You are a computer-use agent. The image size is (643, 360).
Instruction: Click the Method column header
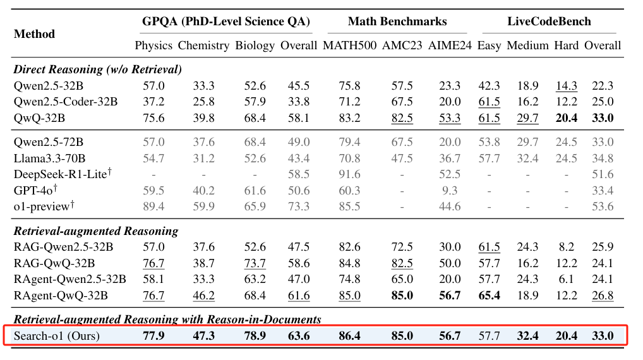pyautogui.click(x=34, y=33)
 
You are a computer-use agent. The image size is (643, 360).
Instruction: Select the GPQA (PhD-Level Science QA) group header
pyautogui.click(x=225, y=21)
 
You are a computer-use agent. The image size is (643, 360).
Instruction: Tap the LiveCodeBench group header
pyautogui.click(x=549, y=21)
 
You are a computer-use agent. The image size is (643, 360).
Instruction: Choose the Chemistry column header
pyautogui.click(x=203, y=45)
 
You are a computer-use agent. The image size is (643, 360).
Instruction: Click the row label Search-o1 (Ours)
pyautogui.click(x=57, y=336)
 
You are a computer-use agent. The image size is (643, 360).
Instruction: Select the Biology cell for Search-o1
pyautogui.click(x=255, y=336)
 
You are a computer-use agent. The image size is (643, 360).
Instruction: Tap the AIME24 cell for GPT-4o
pyautogui.click(x=449, y=190)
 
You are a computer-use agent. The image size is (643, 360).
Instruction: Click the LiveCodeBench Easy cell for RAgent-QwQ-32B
pyautogui.click(x=489, y=295)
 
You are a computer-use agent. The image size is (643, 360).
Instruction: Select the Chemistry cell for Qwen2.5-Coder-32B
pyautogui.click(x=203, y=102)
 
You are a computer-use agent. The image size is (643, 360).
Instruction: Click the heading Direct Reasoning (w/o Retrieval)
pyautogui.click(x=97, y=69)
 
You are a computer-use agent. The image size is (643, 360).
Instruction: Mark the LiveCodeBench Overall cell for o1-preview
pyautogui.click(x=603, y=206)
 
